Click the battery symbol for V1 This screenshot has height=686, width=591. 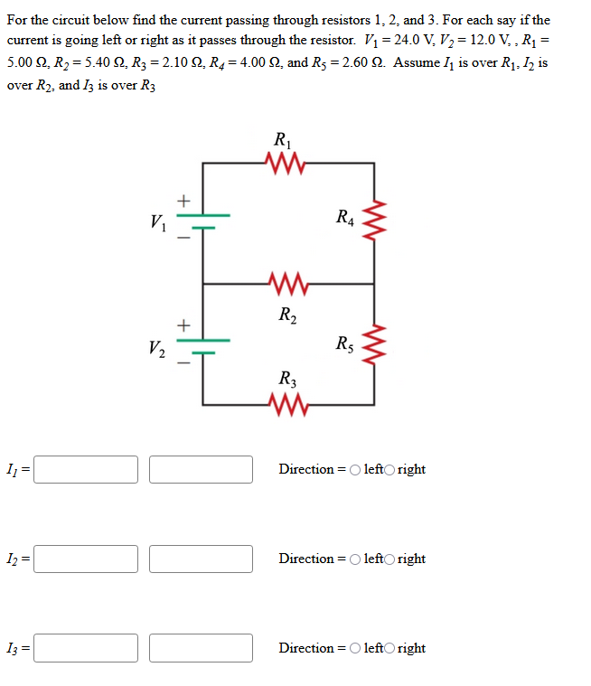coord(202,221)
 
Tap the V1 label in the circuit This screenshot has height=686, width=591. coord(159,221)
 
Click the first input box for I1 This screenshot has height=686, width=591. coord(86,469)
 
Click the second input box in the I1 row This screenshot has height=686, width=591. coord(201,469)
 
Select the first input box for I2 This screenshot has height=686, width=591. coord(86,559)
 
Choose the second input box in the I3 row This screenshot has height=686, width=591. coord(201,648)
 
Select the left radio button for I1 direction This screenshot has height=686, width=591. coord(354,470)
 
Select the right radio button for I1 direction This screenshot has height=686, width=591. coord(389,470)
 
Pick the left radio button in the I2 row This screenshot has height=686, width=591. coord(354,559)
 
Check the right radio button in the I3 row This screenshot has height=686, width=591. coord(389,649)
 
